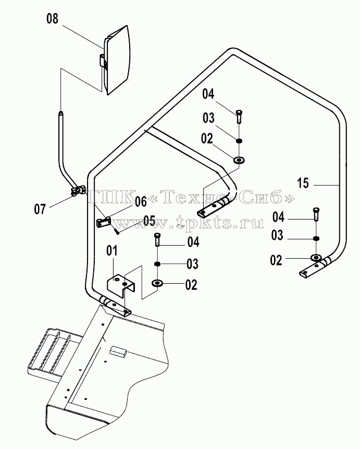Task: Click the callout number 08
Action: [53, 19]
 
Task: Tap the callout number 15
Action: [303, 183]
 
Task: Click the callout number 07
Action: [40, 209]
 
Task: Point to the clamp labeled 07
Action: [77, 191]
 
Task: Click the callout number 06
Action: [141, 202]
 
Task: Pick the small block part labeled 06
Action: [103, 222]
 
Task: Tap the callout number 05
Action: [149, 221]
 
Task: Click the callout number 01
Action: [112, 251]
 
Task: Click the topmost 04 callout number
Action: [208, 94]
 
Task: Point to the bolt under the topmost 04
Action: [239, 116]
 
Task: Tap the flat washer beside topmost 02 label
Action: [239, 160]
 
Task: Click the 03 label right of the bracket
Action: [192, 264]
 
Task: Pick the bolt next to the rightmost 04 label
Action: [316, 214]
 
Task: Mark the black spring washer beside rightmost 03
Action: [316, 238]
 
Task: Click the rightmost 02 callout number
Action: [276, 260]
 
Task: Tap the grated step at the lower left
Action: [48, 350]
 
